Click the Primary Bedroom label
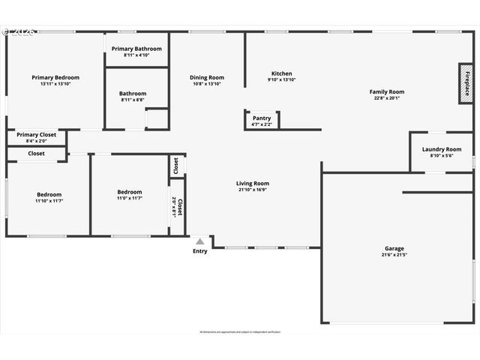coord(55,77)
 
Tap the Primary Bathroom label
coord(136,49)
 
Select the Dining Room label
coord(206,77)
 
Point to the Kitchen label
coord(281,73)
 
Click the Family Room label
coord(386,91)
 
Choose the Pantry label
coord(262,118)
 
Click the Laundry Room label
coord(442,149)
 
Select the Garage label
coord(394,248)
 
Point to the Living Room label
coord(253,183)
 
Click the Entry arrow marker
coord(199,241)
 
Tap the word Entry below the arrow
coord(199,251)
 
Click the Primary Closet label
coord(37,135)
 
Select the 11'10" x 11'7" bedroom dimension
coord(49,199)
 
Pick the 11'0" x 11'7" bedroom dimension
coord(129,198)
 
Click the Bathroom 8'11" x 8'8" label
coord(133,100)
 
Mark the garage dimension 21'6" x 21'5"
coord(394,255)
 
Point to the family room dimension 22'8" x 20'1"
coord(386,98)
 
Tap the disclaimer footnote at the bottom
coord(240,331)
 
